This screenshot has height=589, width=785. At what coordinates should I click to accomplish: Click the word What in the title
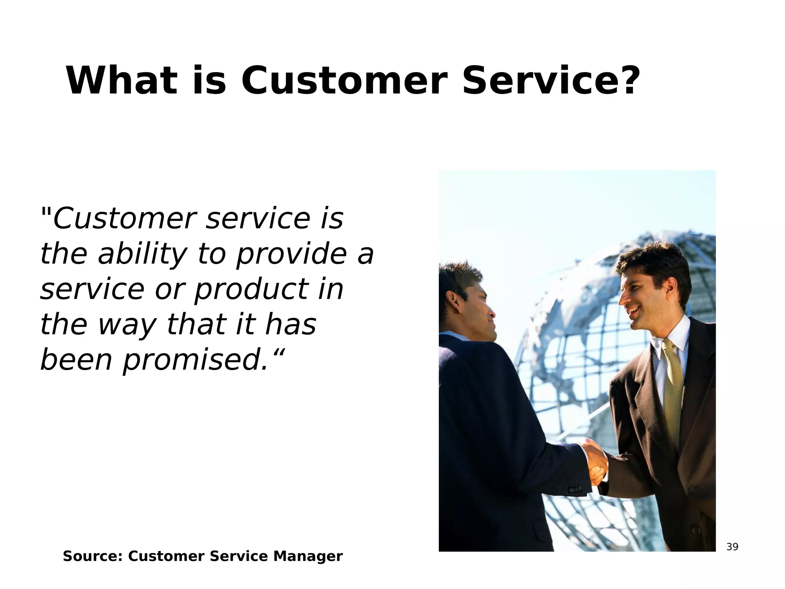pos(122,81)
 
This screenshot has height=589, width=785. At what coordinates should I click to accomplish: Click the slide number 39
pos(732,547)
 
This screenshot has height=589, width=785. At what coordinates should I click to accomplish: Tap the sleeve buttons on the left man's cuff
pos(575,490)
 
